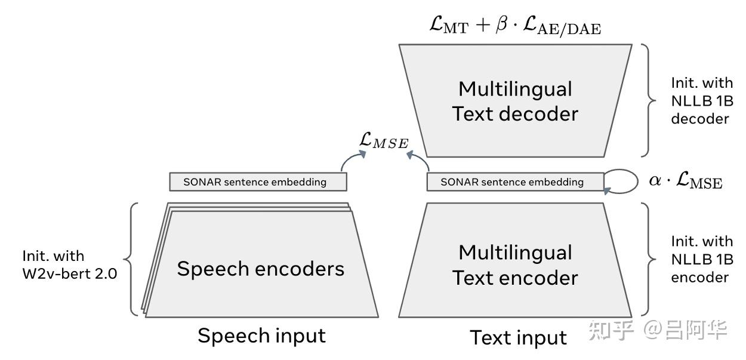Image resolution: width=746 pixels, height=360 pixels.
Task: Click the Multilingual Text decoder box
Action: [515, 100]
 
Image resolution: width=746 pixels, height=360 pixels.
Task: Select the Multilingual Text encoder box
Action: [515, 260]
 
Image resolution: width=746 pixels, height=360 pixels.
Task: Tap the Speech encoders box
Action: [260, 263]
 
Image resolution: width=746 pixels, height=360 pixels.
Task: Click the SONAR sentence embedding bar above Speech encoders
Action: [258, 182]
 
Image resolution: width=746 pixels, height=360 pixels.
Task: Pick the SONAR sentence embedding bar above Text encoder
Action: [515, 182]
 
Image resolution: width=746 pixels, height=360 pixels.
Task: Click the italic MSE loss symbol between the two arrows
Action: [384, 140]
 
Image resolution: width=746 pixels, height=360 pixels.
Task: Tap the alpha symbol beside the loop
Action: [655, 180]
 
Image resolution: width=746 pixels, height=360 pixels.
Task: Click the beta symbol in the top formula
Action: [501, 24]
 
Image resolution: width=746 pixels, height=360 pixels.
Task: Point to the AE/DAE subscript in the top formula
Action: [569, 30]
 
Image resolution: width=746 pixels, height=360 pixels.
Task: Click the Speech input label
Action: [261, 336]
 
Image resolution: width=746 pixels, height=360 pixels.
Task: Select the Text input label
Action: [518, 338]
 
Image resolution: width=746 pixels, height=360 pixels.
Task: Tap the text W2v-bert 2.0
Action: [70, 274]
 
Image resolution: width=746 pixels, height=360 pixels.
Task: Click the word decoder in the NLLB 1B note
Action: [699, 119]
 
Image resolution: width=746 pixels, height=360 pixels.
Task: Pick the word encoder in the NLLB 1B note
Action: [699, 278]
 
